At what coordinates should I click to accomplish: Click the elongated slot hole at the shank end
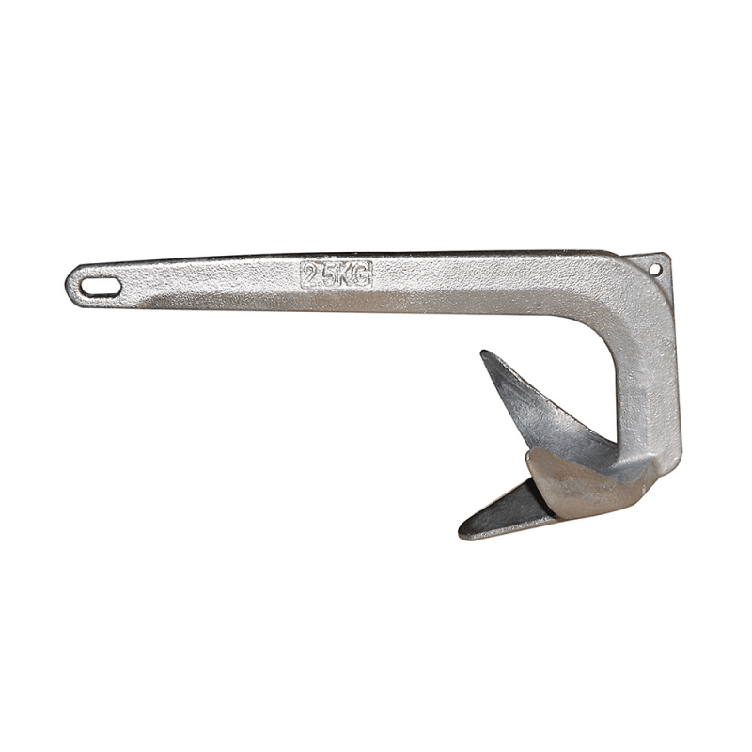pos(101,288)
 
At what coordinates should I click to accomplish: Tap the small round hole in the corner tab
pos(654,270)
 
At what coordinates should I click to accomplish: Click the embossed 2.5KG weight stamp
pos(336,274)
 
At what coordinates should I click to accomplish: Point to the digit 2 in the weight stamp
pos(312,274)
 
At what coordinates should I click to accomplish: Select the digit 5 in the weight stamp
pos(330,274)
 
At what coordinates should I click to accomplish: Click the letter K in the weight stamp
pos(346,274)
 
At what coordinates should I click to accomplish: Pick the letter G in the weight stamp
pos(362,274)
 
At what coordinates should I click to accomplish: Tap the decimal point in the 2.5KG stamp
pos(321,283)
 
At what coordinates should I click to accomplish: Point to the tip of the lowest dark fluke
pos(461,534)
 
